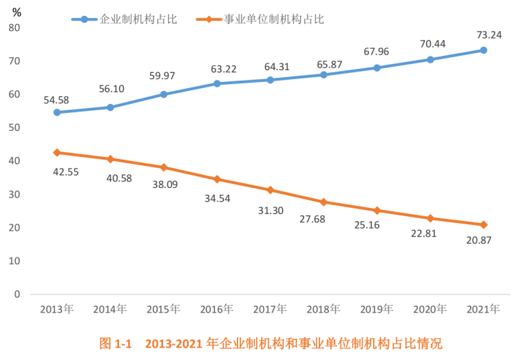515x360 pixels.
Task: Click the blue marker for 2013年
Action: coord(56,112)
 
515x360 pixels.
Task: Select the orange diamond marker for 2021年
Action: coord(483,224)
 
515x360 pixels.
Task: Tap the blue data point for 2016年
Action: coord(217,83)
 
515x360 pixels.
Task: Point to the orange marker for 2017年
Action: coord(271,190)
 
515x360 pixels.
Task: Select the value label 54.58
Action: coord(56,100)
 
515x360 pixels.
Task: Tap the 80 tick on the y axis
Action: coord(14,28)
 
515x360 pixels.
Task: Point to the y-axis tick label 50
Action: coord(14,127)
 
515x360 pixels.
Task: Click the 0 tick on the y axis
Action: coord(17,295)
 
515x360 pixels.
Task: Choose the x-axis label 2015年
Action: coord(164,310)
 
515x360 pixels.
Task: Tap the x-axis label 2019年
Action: coord(377,310)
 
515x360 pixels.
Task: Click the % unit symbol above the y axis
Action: coord(17,12)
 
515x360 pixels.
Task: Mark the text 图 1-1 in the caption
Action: coord(115,342)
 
